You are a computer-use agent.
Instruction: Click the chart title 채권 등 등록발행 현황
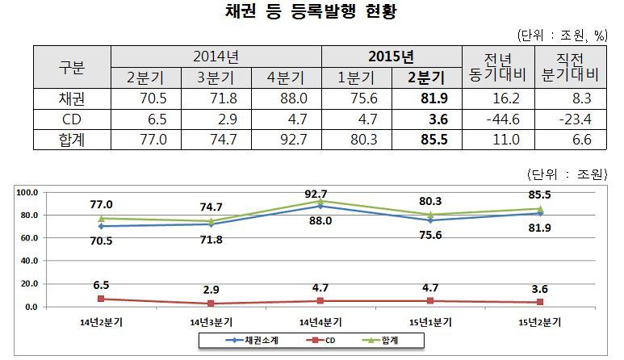(312, 14)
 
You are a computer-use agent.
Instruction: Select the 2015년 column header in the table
(391, 57)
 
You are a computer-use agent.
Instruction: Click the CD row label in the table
(72, 119)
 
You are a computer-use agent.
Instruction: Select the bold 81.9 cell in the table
(426, 98)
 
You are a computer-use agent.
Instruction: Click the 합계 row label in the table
(72, 139)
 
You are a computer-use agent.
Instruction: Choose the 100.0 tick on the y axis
(28, 192)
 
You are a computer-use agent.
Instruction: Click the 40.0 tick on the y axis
(28, 261)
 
